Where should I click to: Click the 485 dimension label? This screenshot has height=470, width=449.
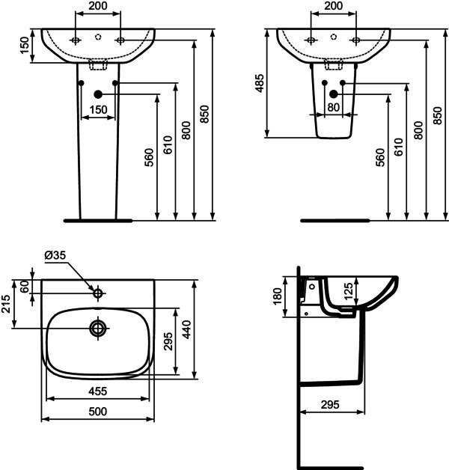tap(260, 83)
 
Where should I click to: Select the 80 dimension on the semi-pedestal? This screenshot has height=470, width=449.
tap(333, 107)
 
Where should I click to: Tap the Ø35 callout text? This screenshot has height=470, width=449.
tap(55, 255)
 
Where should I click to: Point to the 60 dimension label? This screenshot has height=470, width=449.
tap(25, 286)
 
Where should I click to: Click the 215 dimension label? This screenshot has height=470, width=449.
tap(6, 304)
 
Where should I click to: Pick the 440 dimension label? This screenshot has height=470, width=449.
tap(187, 329)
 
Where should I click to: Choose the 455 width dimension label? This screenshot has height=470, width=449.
tap(98, 391)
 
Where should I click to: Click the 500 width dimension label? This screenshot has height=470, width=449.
tap(98, 412)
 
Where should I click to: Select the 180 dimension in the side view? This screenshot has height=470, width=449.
tap(278, 296)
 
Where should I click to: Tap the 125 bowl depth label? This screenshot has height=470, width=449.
tap(348, 291)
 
